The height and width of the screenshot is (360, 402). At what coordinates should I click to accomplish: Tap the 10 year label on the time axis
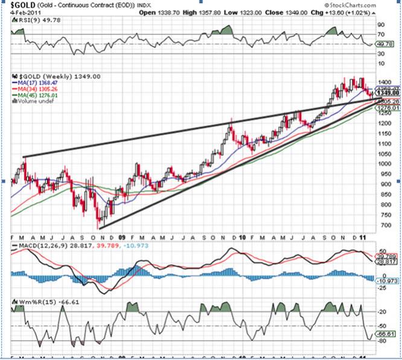click(241, 238)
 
